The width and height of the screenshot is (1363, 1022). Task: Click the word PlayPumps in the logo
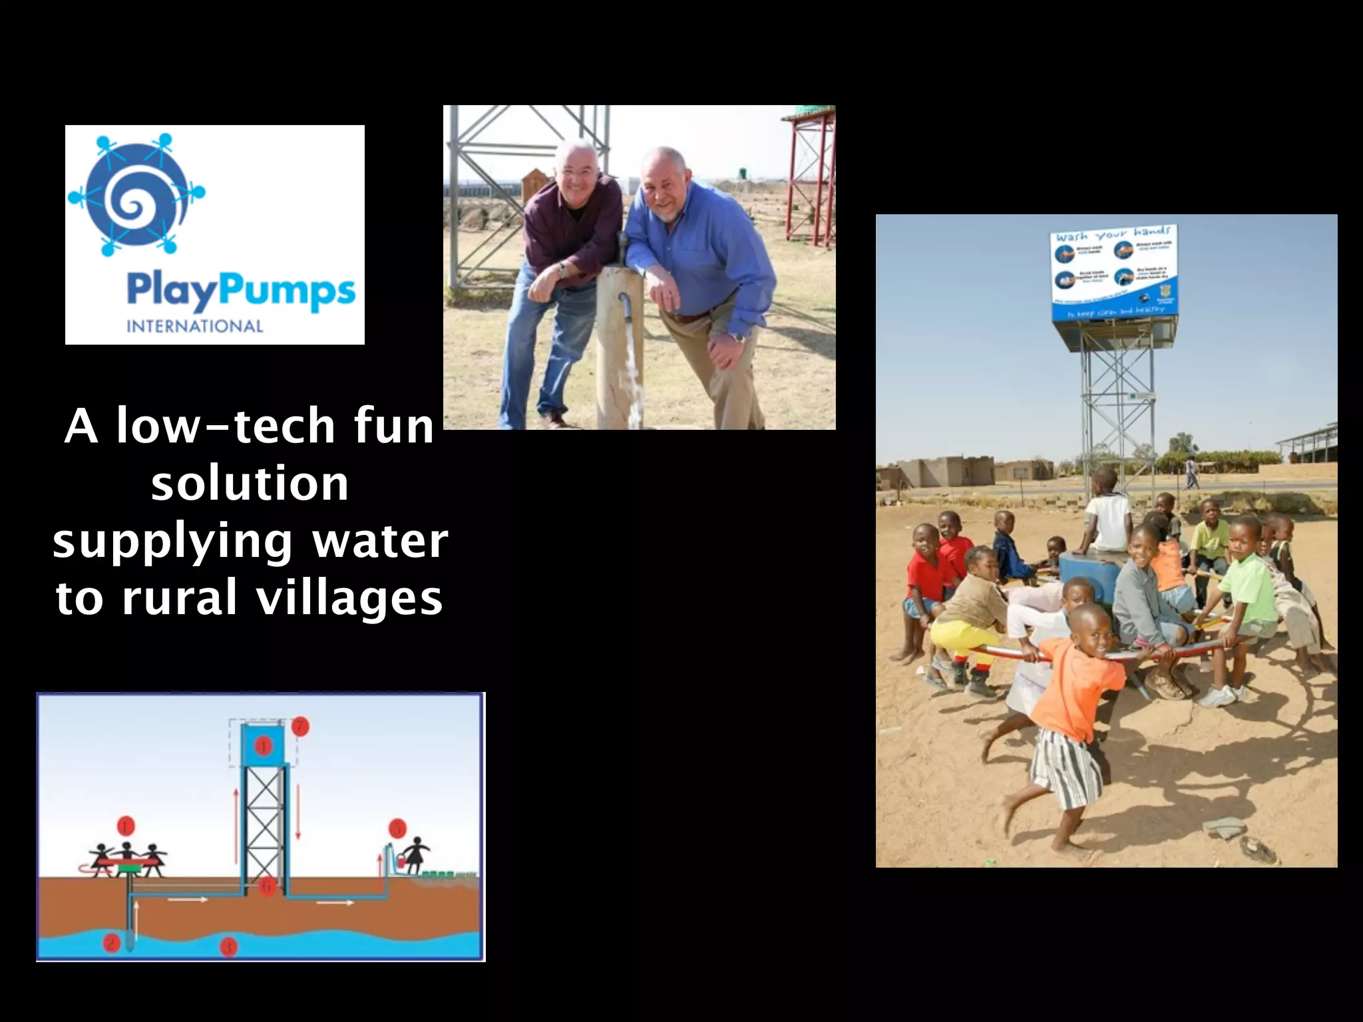point(241,291)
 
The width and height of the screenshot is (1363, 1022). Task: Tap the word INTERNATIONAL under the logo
point(194,326)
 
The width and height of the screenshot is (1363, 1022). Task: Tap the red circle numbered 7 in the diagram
point(301,726)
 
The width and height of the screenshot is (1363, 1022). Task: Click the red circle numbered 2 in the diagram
point(111,942)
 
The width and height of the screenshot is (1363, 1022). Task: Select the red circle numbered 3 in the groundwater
point(228,946)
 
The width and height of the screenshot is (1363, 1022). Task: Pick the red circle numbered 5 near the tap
point(397,829)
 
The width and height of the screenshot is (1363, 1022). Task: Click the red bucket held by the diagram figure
point(401,862)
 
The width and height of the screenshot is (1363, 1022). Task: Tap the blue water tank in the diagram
point(264,745)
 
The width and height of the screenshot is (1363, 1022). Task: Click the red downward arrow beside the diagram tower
point(297,812)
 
